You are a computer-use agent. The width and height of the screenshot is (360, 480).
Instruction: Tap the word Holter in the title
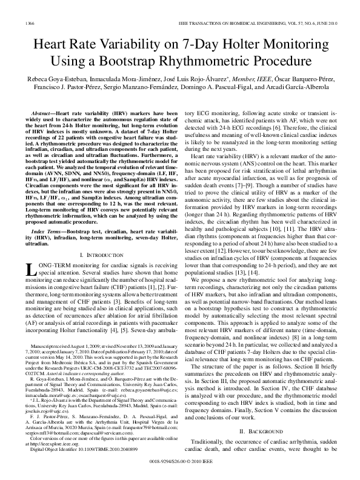point(241,44)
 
